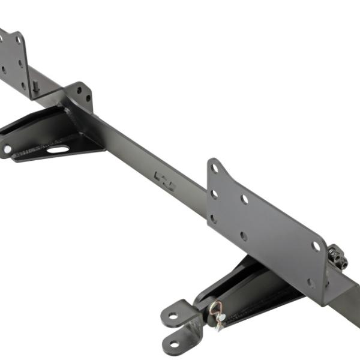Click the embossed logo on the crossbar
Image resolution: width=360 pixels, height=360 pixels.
click(x=164, y=181)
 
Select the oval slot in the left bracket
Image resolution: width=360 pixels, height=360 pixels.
click(x=58, y=149)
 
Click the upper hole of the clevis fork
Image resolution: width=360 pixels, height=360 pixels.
click(x=173, y=314)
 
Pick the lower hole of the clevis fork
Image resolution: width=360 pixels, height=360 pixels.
click(x=175, y=344)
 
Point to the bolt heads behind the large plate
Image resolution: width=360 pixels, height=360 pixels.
click(x=338, y=258)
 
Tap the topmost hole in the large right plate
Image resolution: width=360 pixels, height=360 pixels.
click(x=215, y=169)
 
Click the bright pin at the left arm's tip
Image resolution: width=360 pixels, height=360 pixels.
click(x=7, y=148)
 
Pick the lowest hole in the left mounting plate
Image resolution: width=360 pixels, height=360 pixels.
click(x=24, y=84)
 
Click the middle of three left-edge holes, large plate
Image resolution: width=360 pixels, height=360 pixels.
click(x=214, y=194)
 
